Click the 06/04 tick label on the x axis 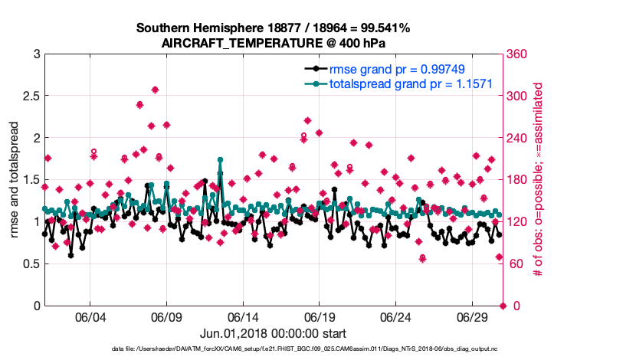pos(90,317)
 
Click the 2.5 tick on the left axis pos(28,96)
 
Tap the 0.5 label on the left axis pos(28,263)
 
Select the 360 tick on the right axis pos(518,54)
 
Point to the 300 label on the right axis pos(518,96)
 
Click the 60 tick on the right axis pos(516,263)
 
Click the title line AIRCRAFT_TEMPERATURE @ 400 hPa pos(273,43)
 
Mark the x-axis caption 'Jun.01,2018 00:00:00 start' pos(273,333)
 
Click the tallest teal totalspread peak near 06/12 pos(220,160)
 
